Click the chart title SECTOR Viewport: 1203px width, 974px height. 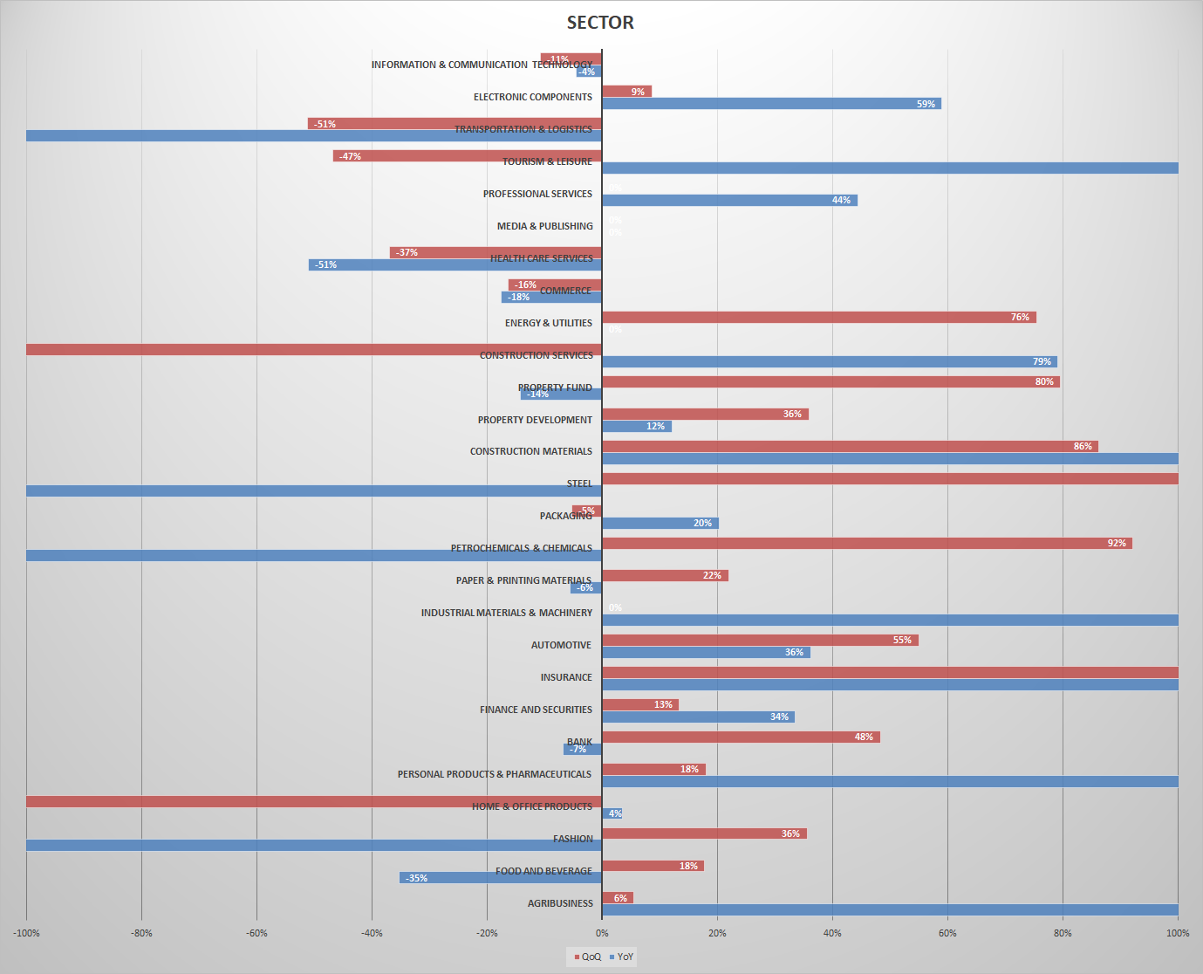pos(600,23)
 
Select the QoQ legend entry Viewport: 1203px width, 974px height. pos(588,957)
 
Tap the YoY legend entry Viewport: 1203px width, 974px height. pos(622,957)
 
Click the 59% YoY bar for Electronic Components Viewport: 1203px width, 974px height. pos(771,104)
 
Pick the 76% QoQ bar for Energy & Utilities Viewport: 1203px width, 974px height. pos(818,317)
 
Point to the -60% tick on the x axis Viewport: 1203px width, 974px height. pos(256,933)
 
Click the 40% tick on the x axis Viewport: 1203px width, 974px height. pos(832,933)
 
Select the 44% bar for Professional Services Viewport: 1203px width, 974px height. pos(729,200)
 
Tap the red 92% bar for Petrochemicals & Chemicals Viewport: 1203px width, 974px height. pos(866,543)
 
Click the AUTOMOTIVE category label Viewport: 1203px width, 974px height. pos(561,645)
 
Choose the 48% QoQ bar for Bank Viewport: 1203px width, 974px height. pos(741,737)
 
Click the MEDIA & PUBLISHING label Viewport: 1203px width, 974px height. pos(544,226)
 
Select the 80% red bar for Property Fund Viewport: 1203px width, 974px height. pos(830,381)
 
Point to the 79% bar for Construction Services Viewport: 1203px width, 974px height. pos(829,361)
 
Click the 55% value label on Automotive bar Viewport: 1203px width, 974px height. pos(902,640)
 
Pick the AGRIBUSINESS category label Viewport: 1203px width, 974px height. pos(559,903)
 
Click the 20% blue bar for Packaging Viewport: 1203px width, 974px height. pos(660,523)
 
